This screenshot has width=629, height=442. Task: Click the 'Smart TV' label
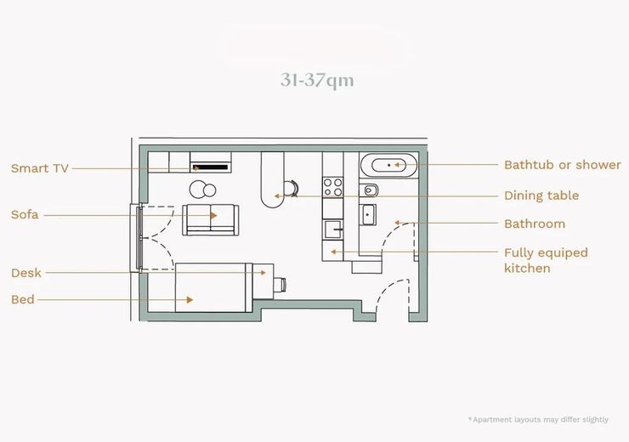click(40, 168)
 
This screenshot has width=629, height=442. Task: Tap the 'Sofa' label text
click(25, 214)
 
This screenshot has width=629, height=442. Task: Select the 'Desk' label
click(26, 273)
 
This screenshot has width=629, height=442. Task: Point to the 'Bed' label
click(23, 299)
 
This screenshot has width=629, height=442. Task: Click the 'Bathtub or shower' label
click(563, 165)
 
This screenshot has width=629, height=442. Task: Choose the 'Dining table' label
click(541, 195)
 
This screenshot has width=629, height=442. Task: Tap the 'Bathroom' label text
click(535, 224)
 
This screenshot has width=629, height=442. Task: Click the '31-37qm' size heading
click(317, 80)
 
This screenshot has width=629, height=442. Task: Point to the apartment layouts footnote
click(538, 420)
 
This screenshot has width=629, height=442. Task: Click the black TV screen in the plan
click(211, 167)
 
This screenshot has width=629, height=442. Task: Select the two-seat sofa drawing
click(211, 219)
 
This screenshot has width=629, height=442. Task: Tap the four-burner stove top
click(333, 187)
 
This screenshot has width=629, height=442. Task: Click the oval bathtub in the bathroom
click(388, 165)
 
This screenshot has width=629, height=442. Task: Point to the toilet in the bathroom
click(369, 190)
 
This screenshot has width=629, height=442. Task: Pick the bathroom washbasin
click(368, 215)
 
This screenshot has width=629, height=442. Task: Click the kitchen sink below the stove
click(333, 229)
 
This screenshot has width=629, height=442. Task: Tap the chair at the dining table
click(292, 188)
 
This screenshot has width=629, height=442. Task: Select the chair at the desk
click(280, 285)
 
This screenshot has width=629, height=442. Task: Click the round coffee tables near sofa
click(203, 190)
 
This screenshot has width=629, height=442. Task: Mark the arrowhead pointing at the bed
click(190, 299)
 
